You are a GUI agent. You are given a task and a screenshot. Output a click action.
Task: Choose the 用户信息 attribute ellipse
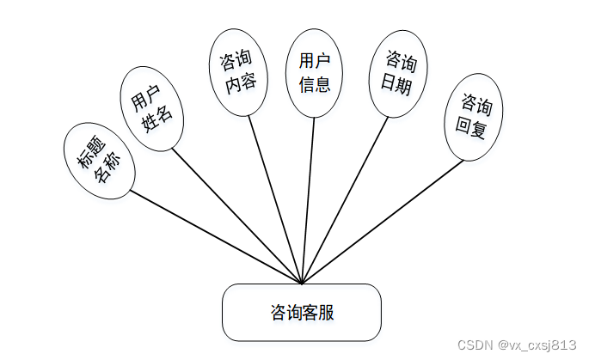tap(315, 72)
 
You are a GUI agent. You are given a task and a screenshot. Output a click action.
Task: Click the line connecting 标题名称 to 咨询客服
tap(215, 236)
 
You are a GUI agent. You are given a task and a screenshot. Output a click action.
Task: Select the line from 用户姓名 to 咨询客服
tap(236, 215)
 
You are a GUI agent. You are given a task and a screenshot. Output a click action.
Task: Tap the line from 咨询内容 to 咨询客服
tap(276, 198)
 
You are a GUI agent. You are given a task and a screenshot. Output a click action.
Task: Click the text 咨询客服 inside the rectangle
tap(301, 312)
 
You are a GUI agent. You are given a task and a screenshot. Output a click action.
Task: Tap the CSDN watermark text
tap(517, 344)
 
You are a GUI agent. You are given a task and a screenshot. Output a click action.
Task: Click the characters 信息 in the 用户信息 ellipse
tap(315, 84)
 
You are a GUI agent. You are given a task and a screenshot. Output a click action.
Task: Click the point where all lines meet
tap(303, 283)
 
